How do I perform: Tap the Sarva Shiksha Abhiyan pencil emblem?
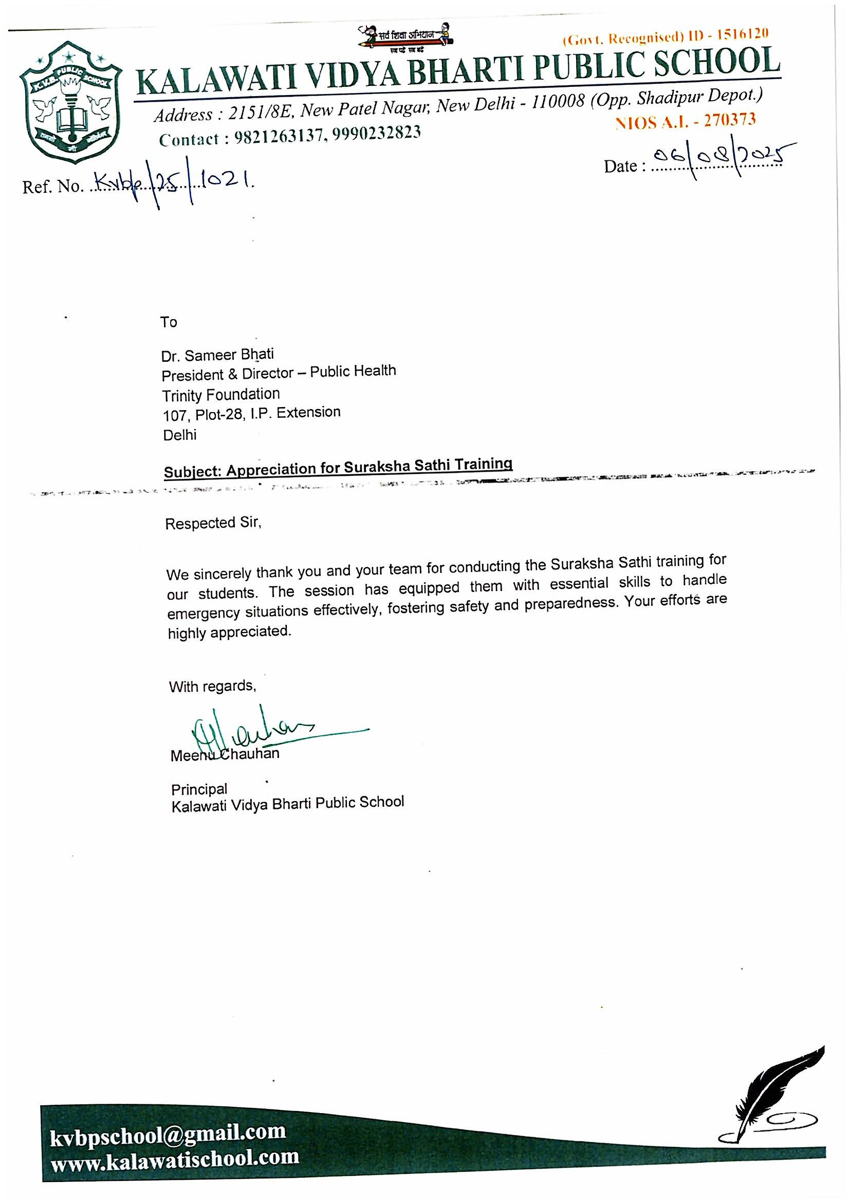(x=406, y=39)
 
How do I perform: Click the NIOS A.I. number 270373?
(x=730, y=120)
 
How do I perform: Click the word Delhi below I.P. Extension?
(x=179, y=435)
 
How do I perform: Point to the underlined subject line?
(x=338, y=468)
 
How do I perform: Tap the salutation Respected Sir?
(x=213, y=523)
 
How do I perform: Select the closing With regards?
(x=212, y=687)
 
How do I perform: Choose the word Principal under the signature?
(x=199, y=789)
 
